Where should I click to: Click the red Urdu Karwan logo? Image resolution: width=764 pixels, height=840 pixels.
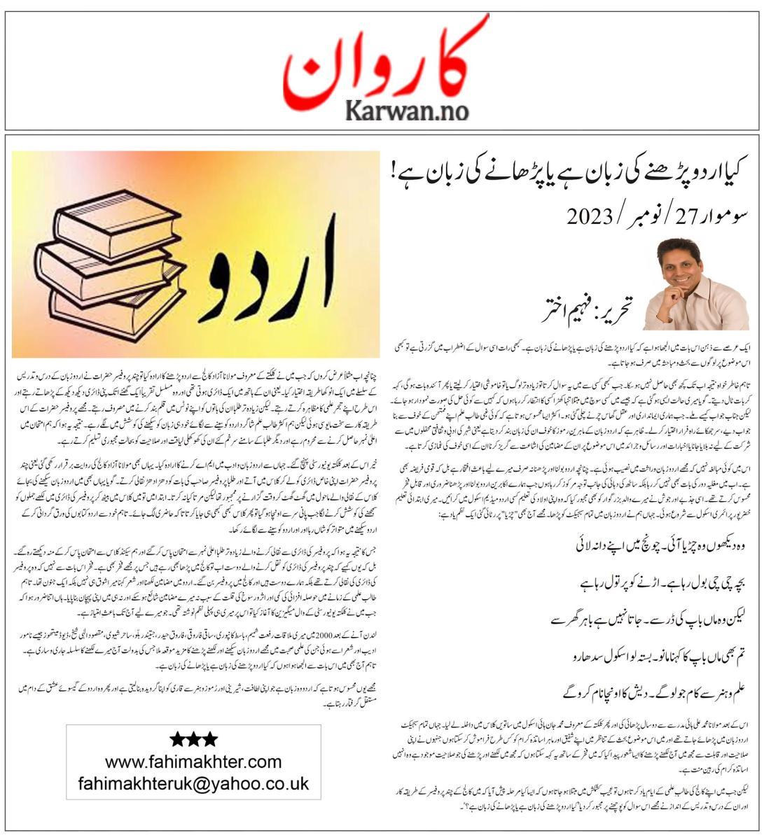pyautogui.click(x=386, y=63)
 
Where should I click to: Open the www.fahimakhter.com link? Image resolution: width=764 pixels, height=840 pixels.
pyautogui.click(x=193, y=761)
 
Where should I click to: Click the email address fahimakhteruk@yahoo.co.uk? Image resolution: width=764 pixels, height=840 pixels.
pyautogui.click(x=193, y=783)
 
